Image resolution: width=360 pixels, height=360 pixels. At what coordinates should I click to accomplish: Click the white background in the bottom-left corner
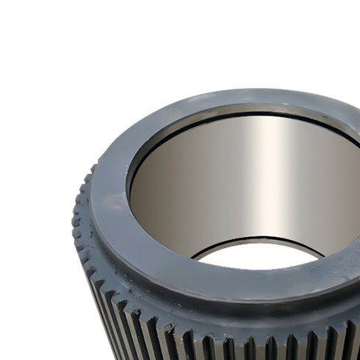tap(30, 326)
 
